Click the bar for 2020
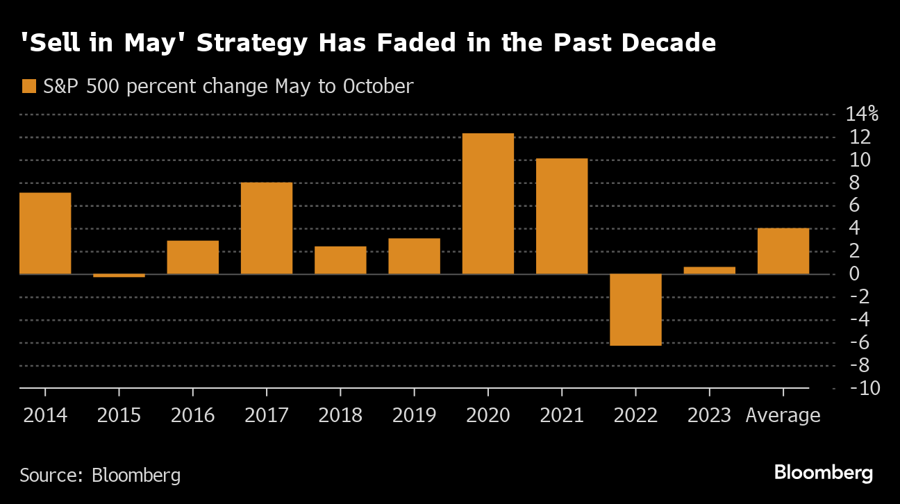point(487,203)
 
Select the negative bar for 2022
point(635,310)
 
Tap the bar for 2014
point(45,233)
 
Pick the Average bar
point(783,251)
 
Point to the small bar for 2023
point(709,270)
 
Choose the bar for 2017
point(267,228)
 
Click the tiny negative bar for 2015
point(119,276)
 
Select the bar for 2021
point(562,216)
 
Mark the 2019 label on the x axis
point(414,416)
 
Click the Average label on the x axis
point(783,416)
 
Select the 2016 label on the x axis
point(192,416)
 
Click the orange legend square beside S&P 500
point(28,87)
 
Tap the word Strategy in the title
point(252,44)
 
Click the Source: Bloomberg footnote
point(100,476)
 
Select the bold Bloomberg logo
point(823,473)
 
